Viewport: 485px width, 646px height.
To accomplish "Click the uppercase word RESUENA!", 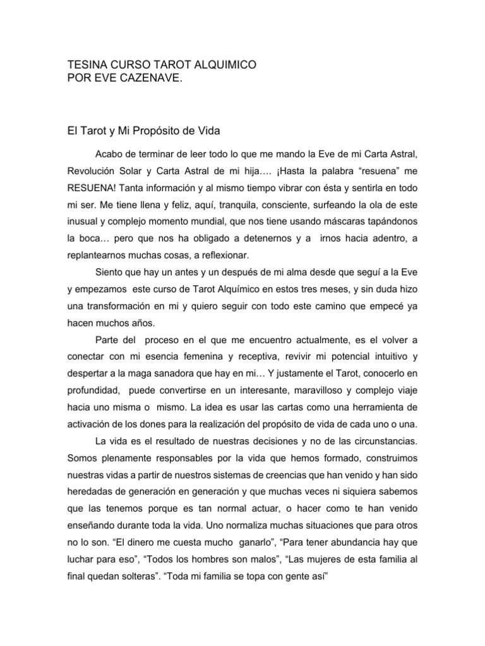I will click(92, 189).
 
